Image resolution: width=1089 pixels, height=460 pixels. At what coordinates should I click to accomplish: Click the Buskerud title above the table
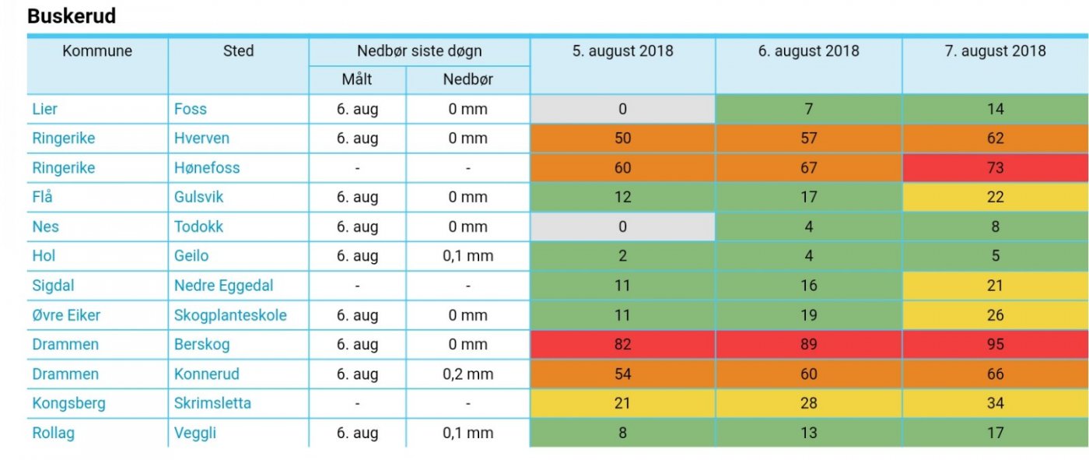(72, 16)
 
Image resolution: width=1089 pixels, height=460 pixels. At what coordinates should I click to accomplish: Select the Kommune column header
(97, 51)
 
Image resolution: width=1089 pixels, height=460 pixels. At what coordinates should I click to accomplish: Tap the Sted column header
(238, 51)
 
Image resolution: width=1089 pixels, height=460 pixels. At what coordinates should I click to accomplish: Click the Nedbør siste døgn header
(419, 51)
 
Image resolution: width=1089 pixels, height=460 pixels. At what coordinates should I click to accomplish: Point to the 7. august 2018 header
(995, 51)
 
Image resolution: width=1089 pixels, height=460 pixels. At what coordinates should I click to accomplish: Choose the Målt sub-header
(357, 79)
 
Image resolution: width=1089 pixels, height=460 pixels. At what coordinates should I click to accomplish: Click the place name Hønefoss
(207, 168)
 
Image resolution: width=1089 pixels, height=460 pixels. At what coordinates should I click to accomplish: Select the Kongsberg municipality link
(68, 404)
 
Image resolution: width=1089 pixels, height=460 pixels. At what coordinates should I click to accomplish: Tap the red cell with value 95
(995, 345)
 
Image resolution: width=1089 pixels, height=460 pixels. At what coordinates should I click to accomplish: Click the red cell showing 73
(995, 168)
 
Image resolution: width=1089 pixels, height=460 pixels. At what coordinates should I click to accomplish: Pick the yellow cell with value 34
(995, 404)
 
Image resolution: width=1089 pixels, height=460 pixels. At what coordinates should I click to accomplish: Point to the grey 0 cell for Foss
(622, 109)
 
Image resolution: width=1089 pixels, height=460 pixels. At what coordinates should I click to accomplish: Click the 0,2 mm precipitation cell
(467, 374)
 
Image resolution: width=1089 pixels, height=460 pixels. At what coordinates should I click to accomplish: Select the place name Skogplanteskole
(230, 315)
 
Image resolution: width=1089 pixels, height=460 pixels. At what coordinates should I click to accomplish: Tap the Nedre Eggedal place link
(223, 286)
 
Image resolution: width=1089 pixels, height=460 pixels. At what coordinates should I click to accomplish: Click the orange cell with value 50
(622, 139)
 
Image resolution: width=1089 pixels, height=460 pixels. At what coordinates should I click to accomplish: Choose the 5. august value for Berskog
(622, 345)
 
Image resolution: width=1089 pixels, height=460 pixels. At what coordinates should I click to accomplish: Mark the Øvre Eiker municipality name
(66, 315)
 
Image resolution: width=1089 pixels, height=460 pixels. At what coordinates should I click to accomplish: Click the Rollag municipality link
(53, 434)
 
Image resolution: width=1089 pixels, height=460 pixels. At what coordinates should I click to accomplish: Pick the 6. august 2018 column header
(809, 51)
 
